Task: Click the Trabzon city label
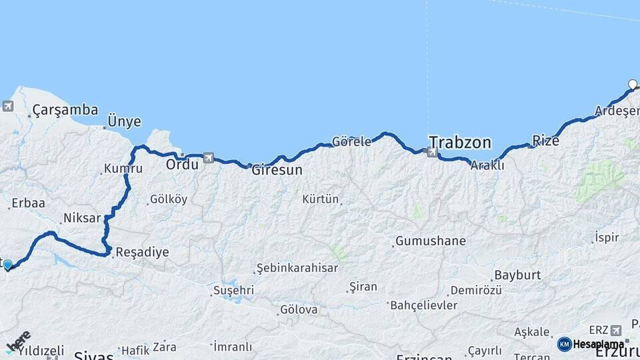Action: click(x=460, y=142)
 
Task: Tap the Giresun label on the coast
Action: click(x=277, y=170)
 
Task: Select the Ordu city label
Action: click(x=182, y=164)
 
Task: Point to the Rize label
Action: click(x=545, y=140)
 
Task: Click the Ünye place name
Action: click(x=125, y=121)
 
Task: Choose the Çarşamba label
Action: click(x=65, y=110)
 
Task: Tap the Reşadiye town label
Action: click(x=142, y=253)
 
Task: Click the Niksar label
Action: click(x=81, y=218)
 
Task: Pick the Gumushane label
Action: click(x=430, y=241)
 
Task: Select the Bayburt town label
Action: click(x=517, y=275)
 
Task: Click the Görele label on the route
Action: click(x=351, y=141)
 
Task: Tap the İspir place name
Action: click(x=607, y=237)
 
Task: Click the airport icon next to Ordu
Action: click(x=209, y=158)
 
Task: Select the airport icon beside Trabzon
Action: click(x=433, y=153)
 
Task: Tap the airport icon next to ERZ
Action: click(x=615, y=330)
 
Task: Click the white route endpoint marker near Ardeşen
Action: click(x=633, y=84)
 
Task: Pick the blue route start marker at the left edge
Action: click(x=8, y=265)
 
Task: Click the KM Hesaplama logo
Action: click(x=591, y=344)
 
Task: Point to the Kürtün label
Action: click(x=321, y=199)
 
